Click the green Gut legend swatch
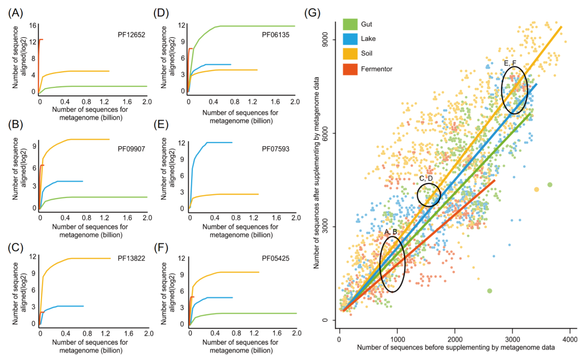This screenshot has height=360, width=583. click(350, 24)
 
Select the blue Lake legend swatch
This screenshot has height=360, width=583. click(350, 39)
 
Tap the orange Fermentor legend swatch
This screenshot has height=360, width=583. click(350, 69)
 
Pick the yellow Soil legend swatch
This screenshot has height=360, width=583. click(350, 53)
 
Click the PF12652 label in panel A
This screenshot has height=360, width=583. click(131, 33)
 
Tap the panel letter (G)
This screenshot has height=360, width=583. click(312, 12)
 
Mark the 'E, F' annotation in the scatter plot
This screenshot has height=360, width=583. click(510, 64)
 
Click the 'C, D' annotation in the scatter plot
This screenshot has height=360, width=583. click(426, 179)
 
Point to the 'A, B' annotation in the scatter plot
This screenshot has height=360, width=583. click(391, 232)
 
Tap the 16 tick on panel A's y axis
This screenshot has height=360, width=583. click(33, 26)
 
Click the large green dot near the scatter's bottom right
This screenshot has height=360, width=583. click(490, 291)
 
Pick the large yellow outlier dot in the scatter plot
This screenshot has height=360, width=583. click(537, 189)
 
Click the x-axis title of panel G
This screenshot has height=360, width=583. click(456, 349)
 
